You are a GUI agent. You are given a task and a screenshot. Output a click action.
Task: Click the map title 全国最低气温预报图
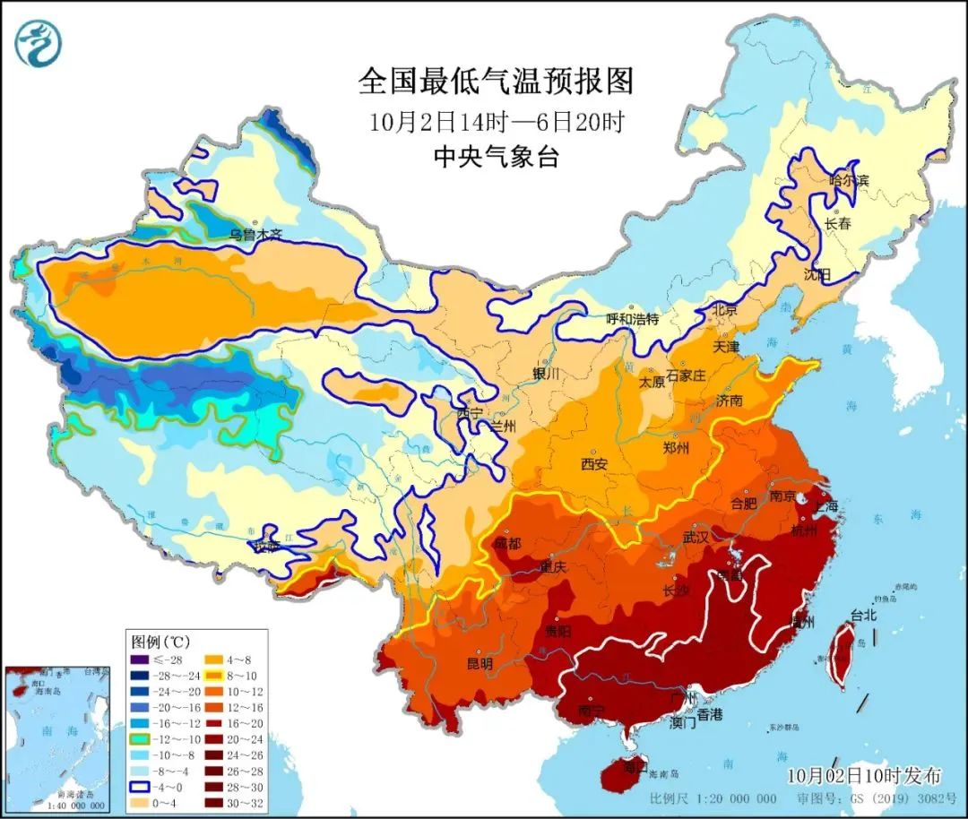click(496, 82)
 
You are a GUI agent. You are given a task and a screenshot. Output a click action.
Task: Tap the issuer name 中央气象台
click(496, 158)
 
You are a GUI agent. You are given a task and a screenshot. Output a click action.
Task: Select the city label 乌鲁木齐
click(255, 235)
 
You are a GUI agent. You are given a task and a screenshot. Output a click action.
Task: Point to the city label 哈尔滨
click(849, 180)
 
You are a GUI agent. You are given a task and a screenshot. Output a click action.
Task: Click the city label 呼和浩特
click(632, 318)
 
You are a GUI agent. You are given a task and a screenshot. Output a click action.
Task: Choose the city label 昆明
click(480, 664)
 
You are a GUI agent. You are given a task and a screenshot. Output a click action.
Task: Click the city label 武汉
click(695, 538)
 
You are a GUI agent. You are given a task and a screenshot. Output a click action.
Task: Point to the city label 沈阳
click(817, 273)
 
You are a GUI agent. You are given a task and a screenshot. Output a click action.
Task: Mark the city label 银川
click(545, 372)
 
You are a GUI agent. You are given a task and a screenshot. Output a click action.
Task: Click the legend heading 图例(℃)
click(160, 642)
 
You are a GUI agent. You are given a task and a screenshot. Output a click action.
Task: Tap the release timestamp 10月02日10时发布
click(864, 774)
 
